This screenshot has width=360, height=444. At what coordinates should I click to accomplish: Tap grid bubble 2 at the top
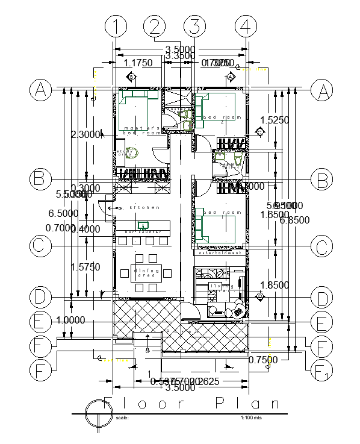click(x=155, y=27)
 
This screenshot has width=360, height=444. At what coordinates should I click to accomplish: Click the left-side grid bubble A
click(x=40, y=90)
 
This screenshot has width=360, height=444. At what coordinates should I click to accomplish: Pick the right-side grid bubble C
click(x=321, y=246)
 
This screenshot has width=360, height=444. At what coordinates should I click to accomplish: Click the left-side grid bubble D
click(x=40, y=297)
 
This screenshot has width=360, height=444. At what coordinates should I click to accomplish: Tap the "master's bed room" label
click(x=142, y=130)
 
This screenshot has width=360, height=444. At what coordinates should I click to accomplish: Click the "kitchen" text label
click(x=144, y=208)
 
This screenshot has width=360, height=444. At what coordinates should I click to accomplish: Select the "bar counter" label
click(x=136, y=232)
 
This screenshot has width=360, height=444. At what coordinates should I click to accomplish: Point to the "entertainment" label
click(x=220, y=253)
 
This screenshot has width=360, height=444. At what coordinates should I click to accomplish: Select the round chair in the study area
click(x=134, y=153)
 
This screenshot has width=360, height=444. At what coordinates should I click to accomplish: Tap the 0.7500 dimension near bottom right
click(x=263, y=360)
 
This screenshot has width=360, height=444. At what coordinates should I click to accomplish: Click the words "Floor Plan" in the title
click(x=193, y=404)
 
